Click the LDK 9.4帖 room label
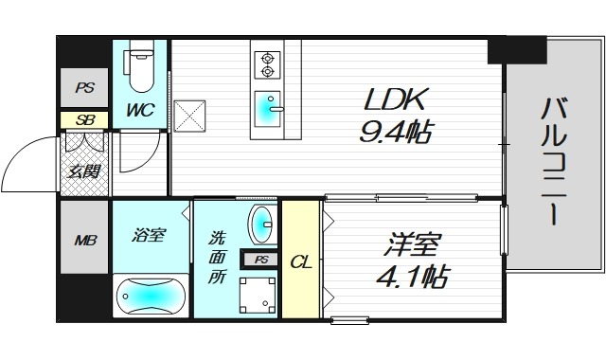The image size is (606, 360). click(396, 114)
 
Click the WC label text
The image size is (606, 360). click(140, 109)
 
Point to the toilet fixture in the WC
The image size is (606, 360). click(140, 64)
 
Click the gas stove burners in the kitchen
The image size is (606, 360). click(266, 63)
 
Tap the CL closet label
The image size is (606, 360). click(300, 261)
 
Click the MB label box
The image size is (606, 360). click(85, 240)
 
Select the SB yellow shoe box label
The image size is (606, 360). click(83, 120)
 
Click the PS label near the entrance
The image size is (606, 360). click(83, 88)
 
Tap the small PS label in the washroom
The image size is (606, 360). click(260, 259)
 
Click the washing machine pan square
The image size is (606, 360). click(258, 295)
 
